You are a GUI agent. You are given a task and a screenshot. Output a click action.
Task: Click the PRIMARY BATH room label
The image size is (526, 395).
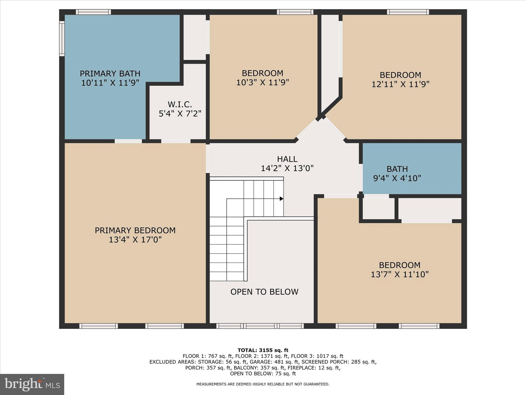tap(110, 74)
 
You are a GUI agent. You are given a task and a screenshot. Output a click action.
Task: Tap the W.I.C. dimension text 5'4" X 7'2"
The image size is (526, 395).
tap(180, 113)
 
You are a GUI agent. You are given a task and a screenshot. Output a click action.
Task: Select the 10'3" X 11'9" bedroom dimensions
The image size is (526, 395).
tap(262, 83)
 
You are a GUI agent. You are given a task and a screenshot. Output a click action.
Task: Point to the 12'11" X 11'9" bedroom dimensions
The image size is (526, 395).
tap(400, 84)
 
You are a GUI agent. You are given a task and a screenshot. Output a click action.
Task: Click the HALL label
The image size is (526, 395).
tap(287, 159)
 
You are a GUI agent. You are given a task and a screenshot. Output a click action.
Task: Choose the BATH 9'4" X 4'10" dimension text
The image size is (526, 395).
tap(397, 178)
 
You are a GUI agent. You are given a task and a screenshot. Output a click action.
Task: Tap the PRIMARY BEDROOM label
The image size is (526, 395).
tap(135, 230)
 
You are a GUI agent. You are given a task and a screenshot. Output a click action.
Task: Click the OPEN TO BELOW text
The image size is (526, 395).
tap(264, 292)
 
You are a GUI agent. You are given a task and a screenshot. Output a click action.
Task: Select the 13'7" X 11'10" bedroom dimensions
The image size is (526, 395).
tap(400, 274)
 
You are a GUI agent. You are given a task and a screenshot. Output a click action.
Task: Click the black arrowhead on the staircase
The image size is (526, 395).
tap(281, 199)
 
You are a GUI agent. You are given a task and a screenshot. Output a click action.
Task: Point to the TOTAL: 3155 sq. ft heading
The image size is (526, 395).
tap(263, 350)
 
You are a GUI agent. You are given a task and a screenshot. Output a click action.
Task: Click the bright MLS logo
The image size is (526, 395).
tap(32, 384)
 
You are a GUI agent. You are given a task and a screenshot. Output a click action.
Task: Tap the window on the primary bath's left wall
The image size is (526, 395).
tap(62, 39)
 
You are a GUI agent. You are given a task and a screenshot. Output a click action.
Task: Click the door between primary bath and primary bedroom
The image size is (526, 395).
tap(128, 141)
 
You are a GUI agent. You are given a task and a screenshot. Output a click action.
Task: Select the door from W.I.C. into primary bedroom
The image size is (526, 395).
tap(176, 141)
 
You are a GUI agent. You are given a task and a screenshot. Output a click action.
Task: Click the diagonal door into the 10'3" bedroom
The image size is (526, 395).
tap(307, 129)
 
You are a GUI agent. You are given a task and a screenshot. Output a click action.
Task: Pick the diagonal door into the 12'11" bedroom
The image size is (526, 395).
tap(335, 128)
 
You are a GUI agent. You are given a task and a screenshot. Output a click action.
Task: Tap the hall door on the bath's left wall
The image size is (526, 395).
tap(361, 177)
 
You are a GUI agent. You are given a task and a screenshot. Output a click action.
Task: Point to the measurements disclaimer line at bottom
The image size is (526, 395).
tap(263, 384)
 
